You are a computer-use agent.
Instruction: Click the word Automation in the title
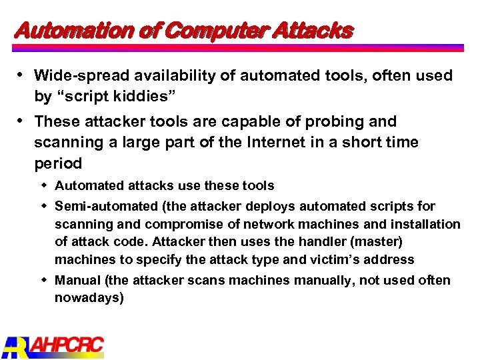[x=63, y=31]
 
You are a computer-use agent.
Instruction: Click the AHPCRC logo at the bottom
[x=53, y=346]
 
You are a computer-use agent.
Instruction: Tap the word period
[x=58, y=163]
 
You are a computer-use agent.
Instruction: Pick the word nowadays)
[x=89, y=298]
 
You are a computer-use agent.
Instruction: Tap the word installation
[x=427, y=224]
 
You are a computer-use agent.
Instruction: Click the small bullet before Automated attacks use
[x=45, y=185]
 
